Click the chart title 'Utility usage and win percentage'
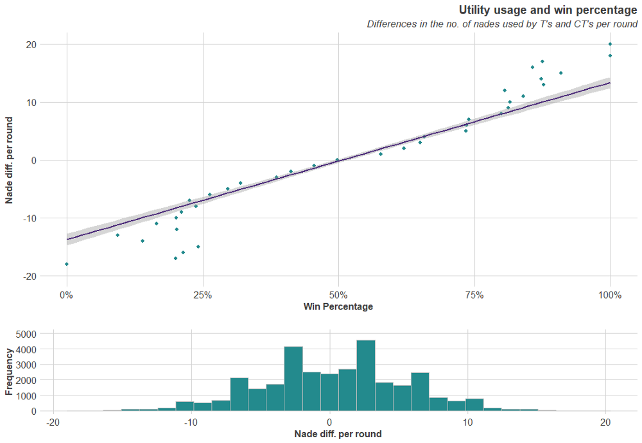click(548, 10)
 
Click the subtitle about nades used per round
click(502, 24)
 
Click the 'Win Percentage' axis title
click(338, 307)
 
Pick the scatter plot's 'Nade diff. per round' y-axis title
click(10, 160)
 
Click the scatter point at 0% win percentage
click(66, 264)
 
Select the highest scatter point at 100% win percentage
click(610, 44)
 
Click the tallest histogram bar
click(366, 376)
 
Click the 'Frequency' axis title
click(9, 371)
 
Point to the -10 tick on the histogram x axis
click(190, 422)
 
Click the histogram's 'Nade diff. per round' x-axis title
click(338, 434)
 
